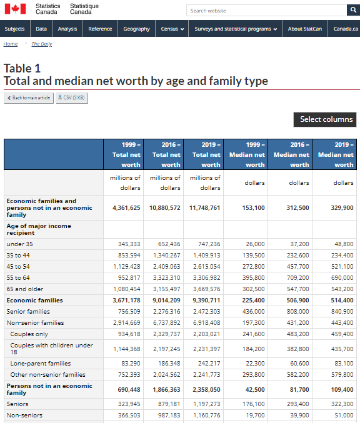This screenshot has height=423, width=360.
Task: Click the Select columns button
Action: (325, 119)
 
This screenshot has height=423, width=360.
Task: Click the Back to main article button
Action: (29, 97)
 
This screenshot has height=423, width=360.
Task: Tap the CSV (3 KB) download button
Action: (71, 97)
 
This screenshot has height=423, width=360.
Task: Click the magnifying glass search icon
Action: (353, 10)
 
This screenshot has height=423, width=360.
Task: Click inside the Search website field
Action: (266, 11)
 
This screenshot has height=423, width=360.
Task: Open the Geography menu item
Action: (136, 29)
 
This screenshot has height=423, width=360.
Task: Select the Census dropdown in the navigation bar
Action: (172, 29)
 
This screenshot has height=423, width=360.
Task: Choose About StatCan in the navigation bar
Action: (305, 29)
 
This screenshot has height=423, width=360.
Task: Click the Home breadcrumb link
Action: (11, 44)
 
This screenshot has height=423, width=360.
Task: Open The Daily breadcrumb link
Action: (42, 44)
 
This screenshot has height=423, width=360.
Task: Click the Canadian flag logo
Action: (16, 9)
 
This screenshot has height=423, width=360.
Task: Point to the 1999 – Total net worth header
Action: (124, 154)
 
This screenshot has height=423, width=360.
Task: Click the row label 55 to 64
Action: (18, 278)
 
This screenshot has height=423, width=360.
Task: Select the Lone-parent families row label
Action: (41, 364)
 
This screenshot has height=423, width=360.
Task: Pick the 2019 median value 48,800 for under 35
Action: (344, 244)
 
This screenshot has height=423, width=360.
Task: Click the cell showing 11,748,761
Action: (204, 207)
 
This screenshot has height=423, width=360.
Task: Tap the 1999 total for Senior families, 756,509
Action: (129, 312)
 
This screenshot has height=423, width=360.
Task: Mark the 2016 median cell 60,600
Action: (299, 364)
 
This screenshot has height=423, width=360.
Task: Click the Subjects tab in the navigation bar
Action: (14, 29)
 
